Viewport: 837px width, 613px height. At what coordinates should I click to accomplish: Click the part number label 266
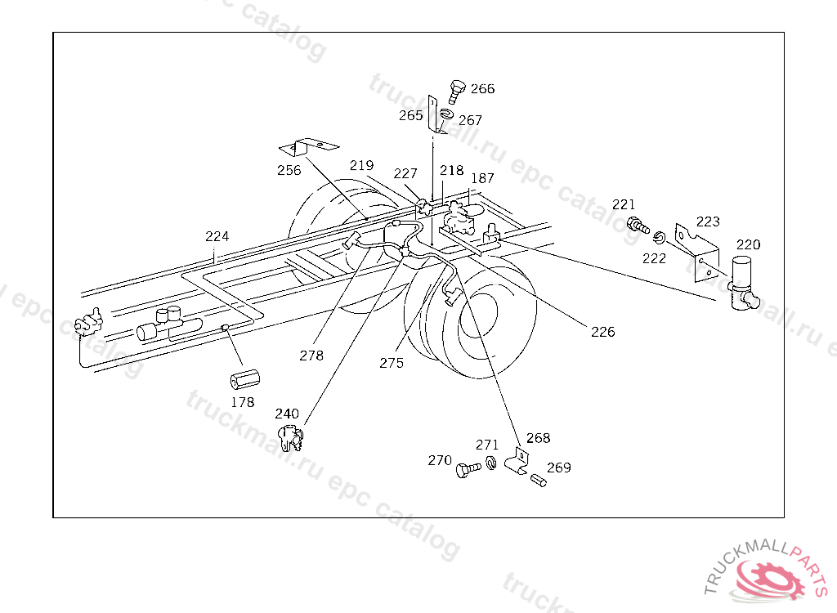pos(482,89)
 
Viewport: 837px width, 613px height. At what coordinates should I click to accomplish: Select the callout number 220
pos(748,244)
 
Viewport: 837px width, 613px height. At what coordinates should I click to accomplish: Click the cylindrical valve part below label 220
pos(744,283)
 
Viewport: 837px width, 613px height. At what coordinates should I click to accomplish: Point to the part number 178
pos(243,402)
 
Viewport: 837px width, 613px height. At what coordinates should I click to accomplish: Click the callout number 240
pos(287,414)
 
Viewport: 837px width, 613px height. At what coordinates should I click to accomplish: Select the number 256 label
pos(289,170)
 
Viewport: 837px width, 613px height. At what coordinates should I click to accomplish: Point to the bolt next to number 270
pos(468,470)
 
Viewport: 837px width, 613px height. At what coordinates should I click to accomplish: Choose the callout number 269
pos(559,468)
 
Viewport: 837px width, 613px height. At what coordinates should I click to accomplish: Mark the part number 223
pos(708,221)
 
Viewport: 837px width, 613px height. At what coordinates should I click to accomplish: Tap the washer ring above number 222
pos(659,239)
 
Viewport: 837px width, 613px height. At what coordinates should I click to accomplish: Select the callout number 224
pos(217,237)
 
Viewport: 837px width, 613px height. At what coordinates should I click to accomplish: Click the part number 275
pos(392,363)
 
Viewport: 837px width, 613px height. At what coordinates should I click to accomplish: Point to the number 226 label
pos(602,332)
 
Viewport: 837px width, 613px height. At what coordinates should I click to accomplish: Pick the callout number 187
pos(482,178)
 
